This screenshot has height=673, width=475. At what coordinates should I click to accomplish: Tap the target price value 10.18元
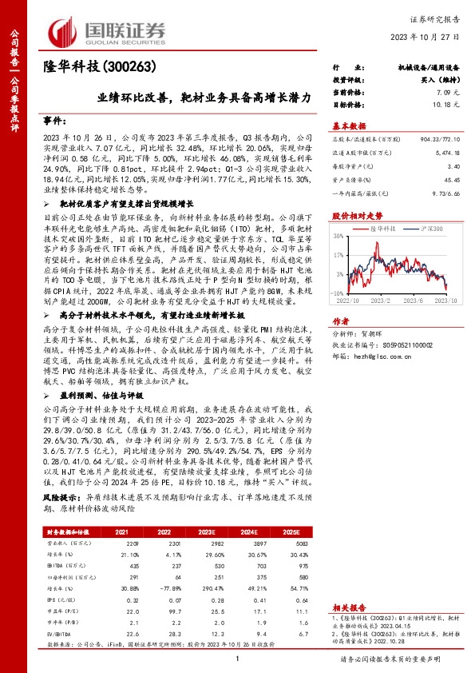click(445, 105)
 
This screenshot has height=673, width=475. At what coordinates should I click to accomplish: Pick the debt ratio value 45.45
click(450, 180)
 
